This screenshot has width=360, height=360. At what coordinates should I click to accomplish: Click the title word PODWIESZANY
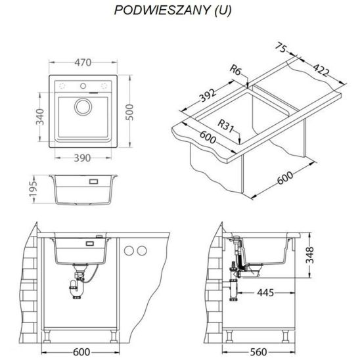(x=162, y=11)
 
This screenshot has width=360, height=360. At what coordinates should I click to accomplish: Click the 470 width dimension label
(x=83, y=62)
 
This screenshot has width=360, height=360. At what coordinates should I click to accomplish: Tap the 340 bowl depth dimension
(x=40, y=117)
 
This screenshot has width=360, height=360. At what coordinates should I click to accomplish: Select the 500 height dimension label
(x=129, y=112)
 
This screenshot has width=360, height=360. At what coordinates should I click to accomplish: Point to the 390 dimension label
(x=82, y=158)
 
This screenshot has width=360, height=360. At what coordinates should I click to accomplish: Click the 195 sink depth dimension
(x=34, y=189)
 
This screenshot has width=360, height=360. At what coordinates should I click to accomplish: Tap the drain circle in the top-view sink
(x=83, y=107)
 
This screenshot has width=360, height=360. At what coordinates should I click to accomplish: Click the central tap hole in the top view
(x=83, y=86)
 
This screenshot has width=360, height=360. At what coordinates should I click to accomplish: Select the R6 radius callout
(x=235, y=70)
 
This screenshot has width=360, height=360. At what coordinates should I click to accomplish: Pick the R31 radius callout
(x=226, y=125)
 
